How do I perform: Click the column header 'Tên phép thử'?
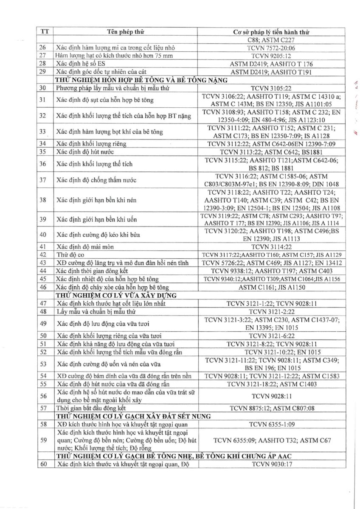pos(126,32)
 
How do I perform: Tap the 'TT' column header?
pos(44,32)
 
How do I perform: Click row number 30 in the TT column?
pos(44,88)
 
